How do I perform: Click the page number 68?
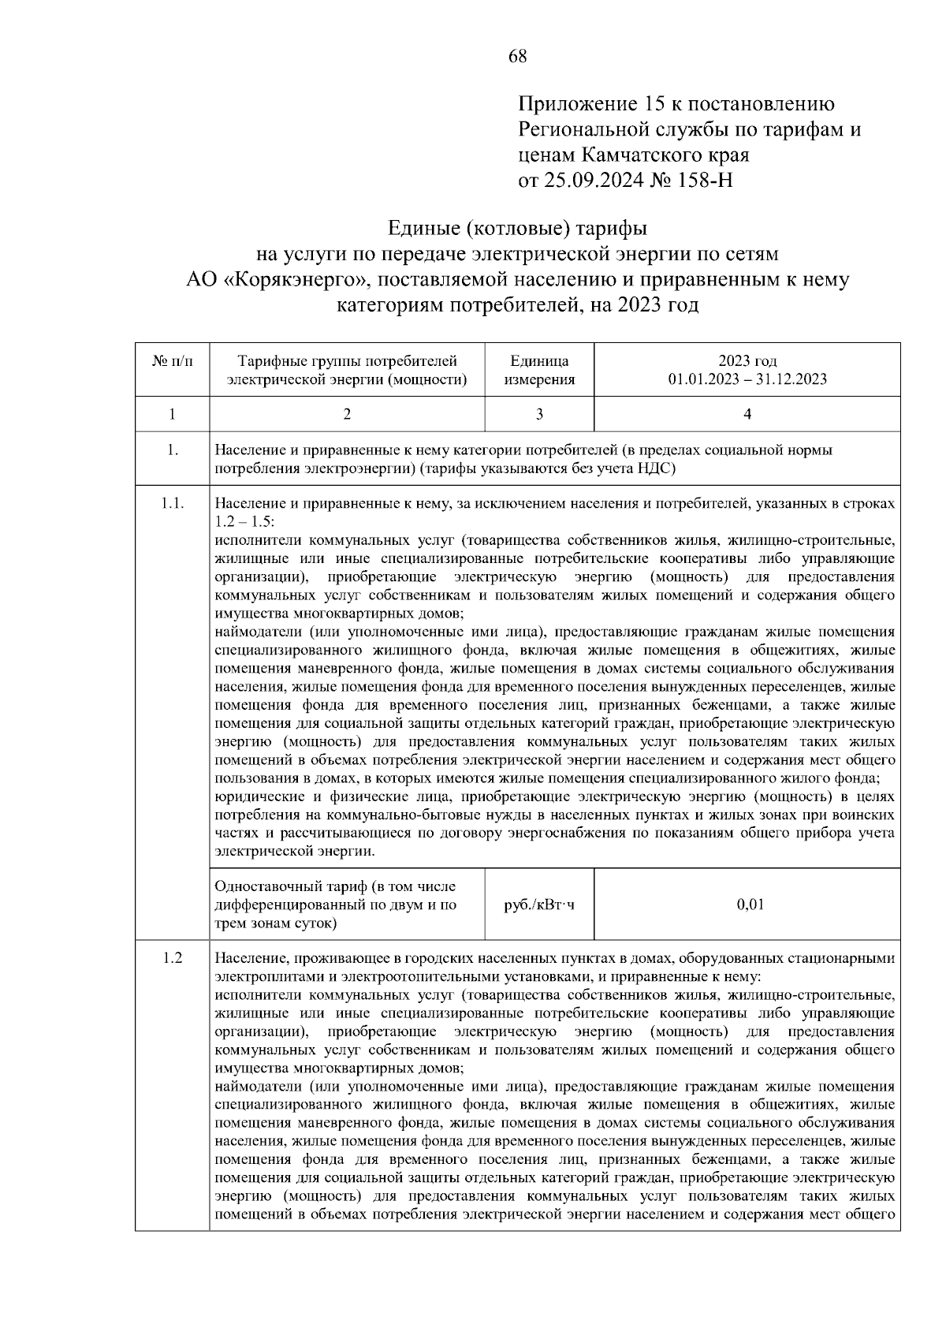point(518,56)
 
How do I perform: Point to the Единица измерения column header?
point(539,370)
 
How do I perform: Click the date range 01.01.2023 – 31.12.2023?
point(747,379)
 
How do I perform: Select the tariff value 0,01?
point(750,904)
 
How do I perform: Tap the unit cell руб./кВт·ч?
point(539,904)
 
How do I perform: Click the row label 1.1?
point(173,503)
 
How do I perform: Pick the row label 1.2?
point(173,958)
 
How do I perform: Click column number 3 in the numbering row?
point(539,414)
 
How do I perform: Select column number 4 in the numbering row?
point(747,414)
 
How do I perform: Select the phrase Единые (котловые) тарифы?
point(517,229)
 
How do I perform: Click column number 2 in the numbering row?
point(347,414)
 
